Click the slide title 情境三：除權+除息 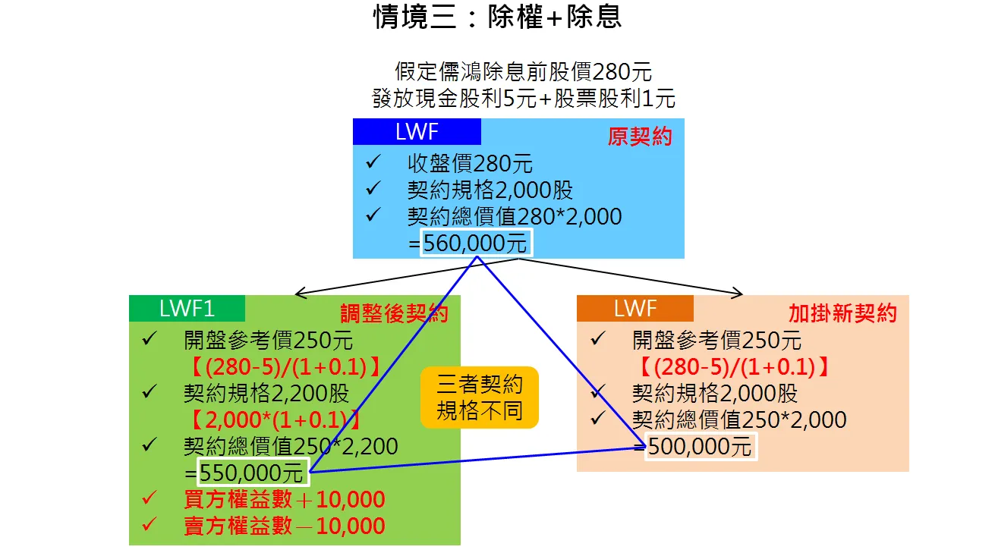(497, 17)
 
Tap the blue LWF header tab (417, 132)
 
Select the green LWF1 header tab (187, 308)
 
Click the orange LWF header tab (634, 308)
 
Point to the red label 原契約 (640, 137)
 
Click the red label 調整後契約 (394, 314)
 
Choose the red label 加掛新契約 (842, 313)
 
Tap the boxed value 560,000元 (476, 244)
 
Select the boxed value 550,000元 (253, 473)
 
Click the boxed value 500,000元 (701, 446)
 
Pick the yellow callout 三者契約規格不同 (480, 398)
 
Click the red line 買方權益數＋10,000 (285, 500)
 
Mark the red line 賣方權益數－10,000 (285, 526)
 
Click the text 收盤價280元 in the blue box (470, 163)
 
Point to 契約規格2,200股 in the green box (266, 393)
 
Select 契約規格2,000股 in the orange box (715, 393)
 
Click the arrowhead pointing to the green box (298, 293)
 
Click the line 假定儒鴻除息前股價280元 (523, 72)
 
